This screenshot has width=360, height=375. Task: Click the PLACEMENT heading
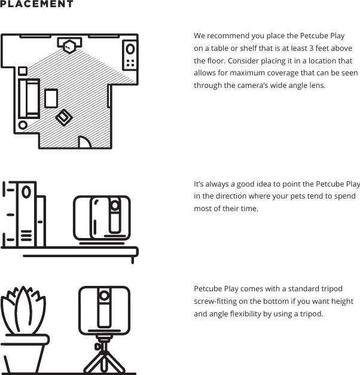[x=37, y=4]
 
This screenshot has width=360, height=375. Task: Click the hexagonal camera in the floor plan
[x=71, y=44]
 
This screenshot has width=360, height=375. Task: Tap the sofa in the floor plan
[x=28, y=97]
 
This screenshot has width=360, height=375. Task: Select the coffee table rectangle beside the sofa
[x=51, y=98]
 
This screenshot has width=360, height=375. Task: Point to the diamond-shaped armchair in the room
[x=63, y=117]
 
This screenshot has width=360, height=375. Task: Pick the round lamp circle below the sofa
[x=23, y=125]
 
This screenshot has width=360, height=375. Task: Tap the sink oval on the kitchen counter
[x=130, y=50]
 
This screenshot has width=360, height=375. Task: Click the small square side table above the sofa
[x=23, y=71]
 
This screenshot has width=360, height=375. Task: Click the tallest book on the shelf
[x=26, y=215]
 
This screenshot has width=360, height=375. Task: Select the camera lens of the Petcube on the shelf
[x=114, y=206]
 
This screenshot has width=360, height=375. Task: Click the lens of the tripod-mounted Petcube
[x=104, y=295]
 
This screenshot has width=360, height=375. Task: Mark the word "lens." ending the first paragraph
[x=316, y=86]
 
